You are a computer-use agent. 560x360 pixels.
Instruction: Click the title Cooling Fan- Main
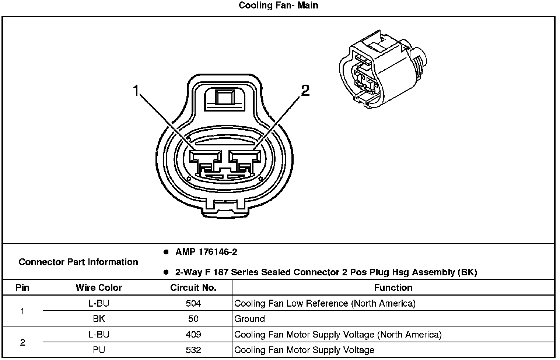click(278, 6)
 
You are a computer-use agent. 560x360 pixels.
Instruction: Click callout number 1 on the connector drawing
click(137, 90)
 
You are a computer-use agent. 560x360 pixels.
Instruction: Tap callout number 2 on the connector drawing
click(305, 90)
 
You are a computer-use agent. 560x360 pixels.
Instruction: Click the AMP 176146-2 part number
click(206, 252)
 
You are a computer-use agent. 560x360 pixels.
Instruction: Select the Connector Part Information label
click(78, 262)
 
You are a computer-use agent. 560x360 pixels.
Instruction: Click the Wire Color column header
click(99, 287)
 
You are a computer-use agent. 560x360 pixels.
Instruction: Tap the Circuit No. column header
click(193, 287)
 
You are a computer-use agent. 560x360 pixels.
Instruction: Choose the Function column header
click(393, 287)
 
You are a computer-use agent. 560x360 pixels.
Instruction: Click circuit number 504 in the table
click(193, 303)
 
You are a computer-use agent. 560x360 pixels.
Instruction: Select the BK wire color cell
click(99, 319)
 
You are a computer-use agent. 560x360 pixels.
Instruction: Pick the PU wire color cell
click(99, 350)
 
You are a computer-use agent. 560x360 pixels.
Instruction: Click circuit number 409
click(193, 334)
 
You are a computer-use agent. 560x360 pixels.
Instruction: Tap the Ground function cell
click(249, 319)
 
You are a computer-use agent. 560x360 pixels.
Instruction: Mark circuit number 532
click(193, 350)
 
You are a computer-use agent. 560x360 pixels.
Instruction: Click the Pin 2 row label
click(22, 342)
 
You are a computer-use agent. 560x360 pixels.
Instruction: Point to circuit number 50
click(193, 319)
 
